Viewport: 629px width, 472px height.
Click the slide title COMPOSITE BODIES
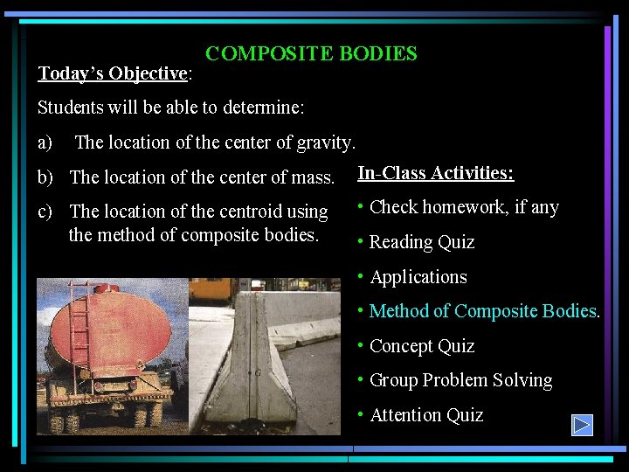pos(311,54)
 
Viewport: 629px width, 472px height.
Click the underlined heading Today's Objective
pos(112,73)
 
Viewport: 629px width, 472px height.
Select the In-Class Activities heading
pos(435,173)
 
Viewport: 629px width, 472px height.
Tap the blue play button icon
pos(582,426)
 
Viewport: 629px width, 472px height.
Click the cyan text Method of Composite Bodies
pos(484,311)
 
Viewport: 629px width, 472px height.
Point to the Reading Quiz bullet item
pos(421,242)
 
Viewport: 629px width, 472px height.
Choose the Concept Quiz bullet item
pos(421,346)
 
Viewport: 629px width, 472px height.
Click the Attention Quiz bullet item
pos(425,415)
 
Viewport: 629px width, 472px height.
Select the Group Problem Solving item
pos(460,380)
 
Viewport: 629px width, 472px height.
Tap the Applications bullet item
pos(418,277)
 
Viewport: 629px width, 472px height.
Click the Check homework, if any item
pos(463,208)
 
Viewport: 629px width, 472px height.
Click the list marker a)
pos(45,142)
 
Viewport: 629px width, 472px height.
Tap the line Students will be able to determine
pos(170,108)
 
